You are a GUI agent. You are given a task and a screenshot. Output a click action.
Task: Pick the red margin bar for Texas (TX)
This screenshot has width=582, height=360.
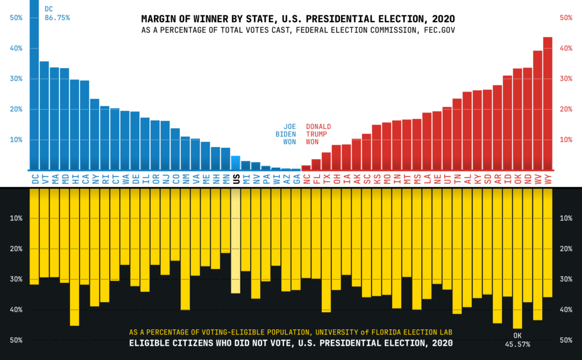[x=326, y=161]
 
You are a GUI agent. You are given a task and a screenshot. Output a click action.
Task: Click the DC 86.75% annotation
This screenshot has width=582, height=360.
[x=56, y=14]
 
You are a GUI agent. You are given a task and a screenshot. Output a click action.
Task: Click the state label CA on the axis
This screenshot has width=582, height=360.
[x=85, y=179]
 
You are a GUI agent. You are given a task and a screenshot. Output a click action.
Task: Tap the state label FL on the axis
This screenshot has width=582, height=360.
[x=316, y=179]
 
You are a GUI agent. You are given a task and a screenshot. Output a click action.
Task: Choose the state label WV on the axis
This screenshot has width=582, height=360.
[x=538, y=179]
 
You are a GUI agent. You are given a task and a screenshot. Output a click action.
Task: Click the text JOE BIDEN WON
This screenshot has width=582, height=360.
[x=289, y=134]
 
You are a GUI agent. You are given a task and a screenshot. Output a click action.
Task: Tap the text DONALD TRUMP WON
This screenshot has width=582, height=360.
[x=318, y=134]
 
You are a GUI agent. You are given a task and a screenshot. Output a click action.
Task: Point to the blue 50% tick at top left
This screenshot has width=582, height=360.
[x=16, y=18]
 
